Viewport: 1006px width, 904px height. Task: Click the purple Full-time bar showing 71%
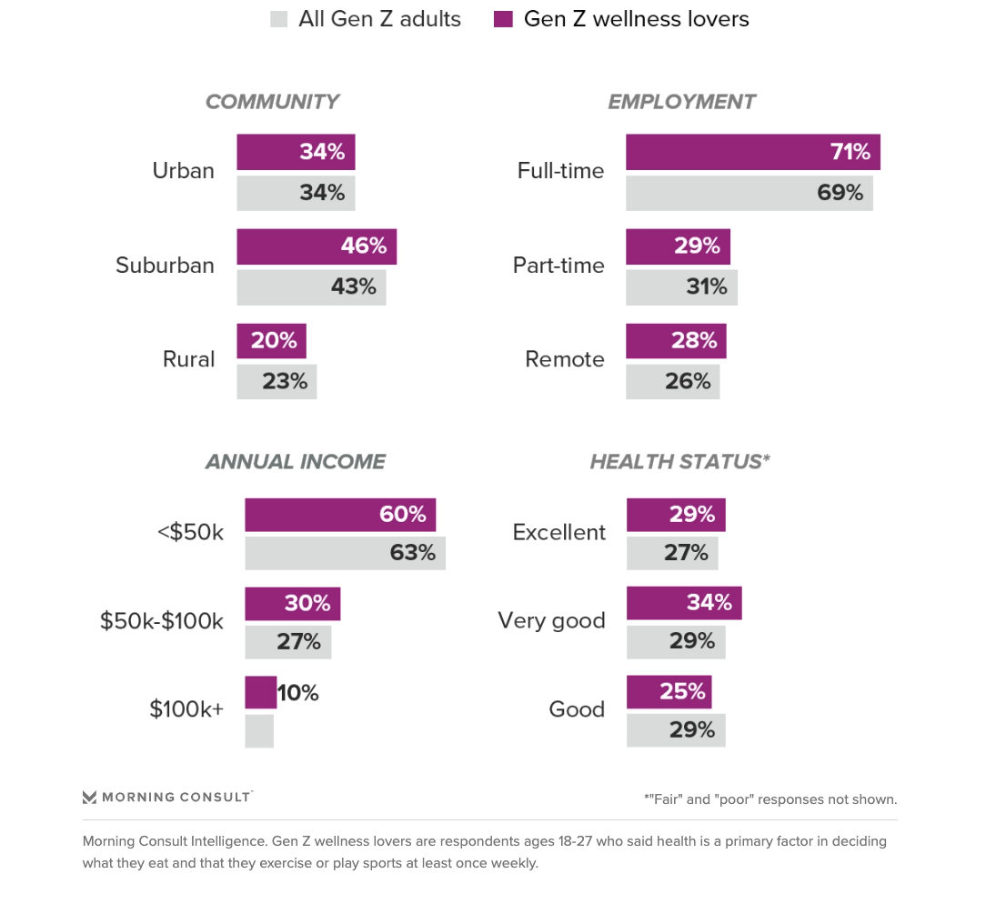752,152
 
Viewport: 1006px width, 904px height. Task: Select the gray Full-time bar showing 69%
749,193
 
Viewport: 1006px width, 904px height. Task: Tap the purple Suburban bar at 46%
316,246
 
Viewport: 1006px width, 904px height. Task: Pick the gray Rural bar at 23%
277,381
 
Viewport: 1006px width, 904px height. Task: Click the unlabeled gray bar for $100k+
259,730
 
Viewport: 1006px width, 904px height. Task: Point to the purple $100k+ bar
260,692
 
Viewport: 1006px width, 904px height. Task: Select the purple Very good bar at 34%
683,603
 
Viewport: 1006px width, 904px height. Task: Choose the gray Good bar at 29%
675,729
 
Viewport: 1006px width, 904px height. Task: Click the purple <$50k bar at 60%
339,515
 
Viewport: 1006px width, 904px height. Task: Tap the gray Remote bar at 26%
672,381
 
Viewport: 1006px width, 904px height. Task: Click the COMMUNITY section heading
271,102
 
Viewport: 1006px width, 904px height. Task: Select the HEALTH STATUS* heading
679,462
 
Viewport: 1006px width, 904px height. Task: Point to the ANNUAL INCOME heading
295,462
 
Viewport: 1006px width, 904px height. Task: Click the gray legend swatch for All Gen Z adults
278,19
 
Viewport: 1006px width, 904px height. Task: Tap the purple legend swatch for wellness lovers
503,19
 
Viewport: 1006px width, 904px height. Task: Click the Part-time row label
558,266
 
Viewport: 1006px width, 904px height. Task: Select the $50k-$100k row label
161,621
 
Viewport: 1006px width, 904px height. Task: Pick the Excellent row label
558,533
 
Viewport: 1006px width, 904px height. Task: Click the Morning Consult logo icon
89,798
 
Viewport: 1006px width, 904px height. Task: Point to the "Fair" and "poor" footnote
770,799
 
